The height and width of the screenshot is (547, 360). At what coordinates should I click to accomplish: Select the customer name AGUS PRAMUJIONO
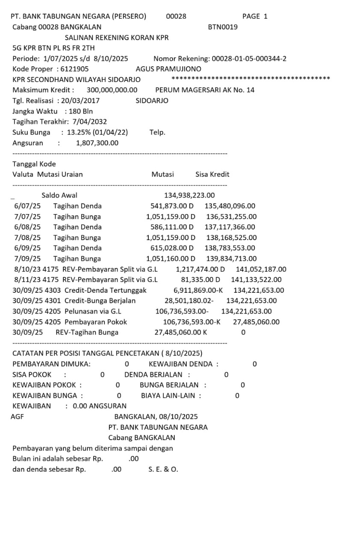point(168,69)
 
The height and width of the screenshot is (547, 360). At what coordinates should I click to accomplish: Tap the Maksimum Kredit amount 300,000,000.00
point(112,90)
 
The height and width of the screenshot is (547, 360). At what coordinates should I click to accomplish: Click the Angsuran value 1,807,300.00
point(97,143)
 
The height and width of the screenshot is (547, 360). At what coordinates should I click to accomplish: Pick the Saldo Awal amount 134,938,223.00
point(189,196)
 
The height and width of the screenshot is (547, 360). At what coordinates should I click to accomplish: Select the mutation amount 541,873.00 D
point(172,206)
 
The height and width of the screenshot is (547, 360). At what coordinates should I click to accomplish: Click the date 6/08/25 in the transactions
point(27,227)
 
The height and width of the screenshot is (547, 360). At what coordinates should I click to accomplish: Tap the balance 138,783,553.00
point(230,248)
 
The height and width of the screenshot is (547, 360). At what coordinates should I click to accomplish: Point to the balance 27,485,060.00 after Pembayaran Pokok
point(256,322)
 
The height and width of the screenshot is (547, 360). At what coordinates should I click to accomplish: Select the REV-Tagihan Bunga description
point(87,332)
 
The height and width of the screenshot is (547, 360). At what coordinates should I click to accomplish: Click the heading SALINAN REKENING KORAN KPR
point(116,38)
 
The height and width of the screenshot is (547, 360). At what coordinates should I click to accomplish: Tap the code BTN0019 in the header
point(223,27)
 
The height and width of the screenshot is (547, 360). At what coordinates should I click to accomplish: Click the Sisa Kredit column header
point(212,174)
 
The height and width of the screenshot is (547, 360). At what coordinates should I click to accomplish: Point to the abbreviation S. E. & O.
point(163,469)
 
